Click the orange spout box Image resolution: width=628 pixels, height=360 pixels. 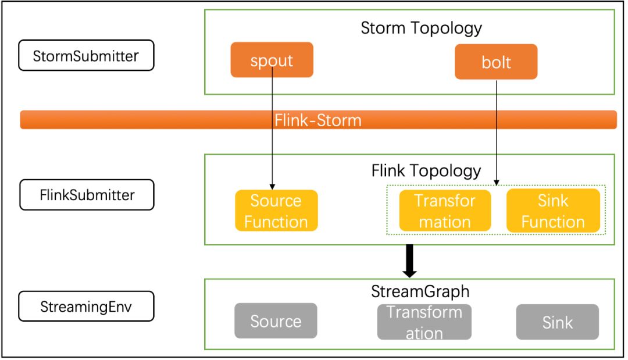tap(272, 60)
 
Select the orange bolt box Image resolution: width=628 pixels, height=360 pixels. tap(496, 62)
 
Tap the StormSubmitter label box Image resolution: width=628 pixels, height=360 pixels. tap(86, 56)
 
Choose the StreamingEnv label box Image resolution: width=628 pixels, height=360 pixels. tap(86, 306)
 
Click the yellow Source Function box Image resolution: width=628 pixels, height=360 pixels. tap(276, 211)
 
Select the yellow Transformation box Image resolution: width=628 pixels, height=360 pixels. tap(445, 211)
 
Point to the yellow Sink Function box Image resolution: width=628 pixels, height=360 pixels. tap(553, 211)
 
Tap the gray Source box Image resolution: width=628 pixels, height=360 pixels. tap(276, 321)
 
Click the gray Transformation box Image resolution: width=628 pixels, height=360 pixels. tap(424, 322)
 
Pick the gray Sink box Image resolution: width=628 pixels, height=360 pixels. tap(557, 322)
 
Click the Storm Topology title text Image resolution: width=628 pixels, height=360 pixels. tap(421, 28)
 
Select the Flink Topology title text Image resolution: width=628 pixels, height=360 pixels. tap(426, 171)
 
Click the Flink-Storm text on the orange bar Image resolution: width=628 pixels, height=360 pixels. tap(318, 120)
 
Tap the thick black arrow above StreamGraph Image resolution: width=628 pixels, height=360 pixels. tap(409, 261)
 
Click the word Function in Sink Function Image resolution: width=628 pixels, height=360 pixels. tap(553, 222)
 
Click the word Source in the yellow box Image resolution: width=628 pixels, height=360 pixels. tap(276, 201)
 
